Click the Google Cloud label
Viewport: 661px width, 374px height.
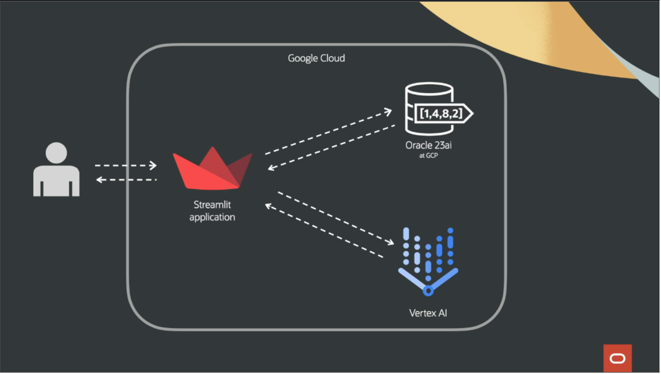click(x=316, y=58)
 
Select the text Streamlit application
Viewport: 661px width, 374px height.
click(x=212, y=210)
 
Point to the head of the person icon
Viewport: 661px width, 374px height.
click(x=56, y=153)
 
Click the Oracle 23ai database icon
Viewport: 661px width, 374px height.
click(x=429, y=109)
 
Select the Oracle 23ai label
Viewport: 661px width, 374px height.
click(x=428, y=146)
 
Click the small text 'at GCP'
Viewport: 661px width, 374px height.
click(x=428, y=155)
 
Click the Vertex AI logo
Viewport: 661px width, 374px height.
click(x=428, y=261)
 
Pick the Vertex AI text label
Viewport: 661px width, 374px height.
click(x=428, y=313)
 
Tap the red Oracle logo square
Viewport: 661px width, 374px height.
click(x=617, y=358)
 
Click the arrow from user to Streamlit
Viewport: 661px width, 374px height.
click(x=126, y=165)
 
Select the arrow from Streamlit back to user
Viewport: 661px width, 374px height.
click(x=126, y=180)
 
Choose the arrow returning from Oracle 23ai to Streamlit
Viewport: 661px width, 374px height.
click(x=331, y=147)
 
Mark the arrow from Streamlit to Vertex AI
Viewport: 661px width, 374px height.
click(x=336, y=218)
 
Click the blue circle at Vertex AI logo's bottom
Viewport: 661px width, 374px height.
click(x=428, y=290)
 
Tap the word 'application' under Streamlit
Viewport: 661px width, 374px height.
click(x=212, y=217)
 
